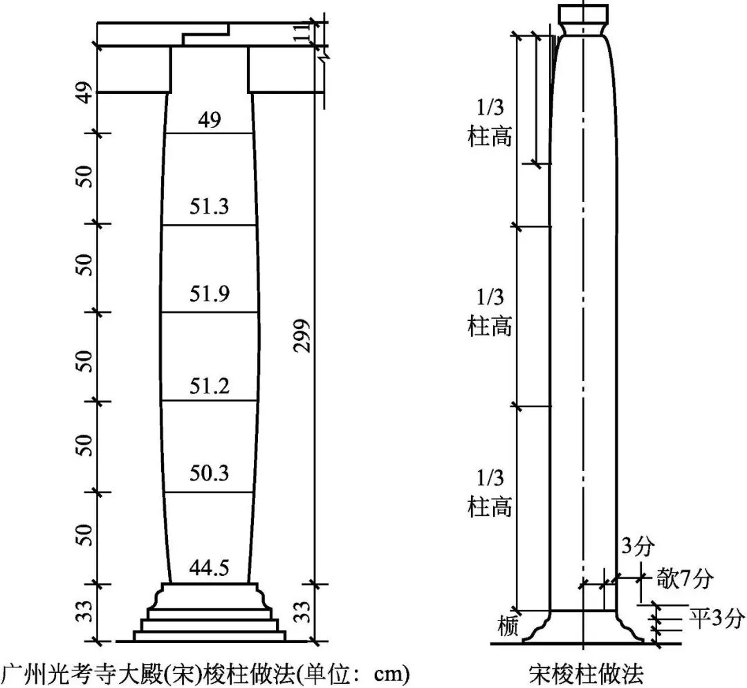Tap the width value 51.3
coord(209,206)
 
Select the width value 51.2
coord(210,385)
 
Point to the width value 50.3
coord(209,473)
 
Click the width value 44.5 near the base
coord(209,568)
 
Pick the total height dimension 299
coord(302,335)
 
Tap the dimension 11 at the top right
coord(302,33)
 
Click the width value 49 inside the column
coord(210,120)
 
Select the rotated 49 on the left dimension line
coord(84,93)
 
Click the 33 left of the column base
coord(84,611)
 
